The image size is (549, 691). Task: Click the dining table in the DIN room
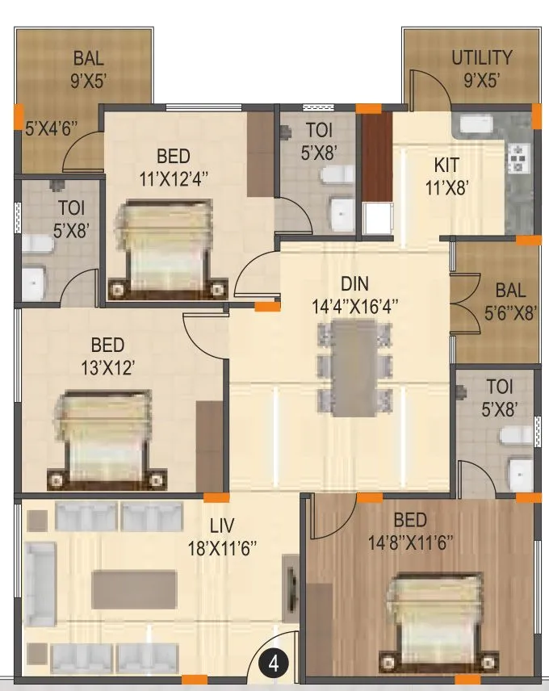[354, 368]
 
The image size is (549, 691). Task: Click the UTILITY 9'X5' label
[481, 69]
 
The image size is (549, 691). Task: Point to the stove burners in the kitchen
[516, 159]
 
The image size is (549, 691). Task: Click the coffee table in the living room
[133, 589]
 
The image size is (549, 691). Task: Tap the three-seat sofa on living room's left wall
[40, 583]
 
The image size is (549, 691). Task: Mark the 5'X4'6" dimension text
[50, 128]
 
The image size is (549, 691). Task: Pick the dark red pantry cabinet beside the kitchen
[375, 157]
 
